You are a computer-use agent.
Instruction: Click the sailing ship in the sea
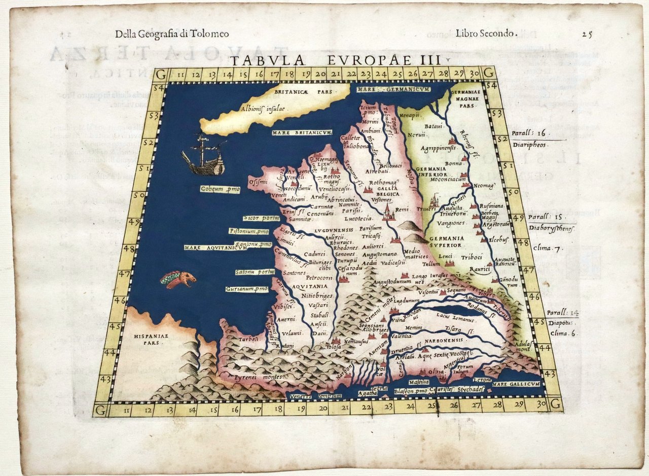coord(204,155)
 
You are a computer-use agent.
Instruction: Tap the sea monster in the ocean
coord(178,280)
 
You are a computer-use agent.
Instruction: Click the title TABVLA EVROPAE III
coord(335,60)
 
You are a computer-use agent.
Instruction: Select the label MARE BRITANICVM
coord(301,132)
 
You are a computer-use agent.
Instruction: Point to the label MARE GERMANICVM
coord(393,89)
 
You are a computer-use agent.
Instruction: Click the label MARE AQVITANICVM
coord(215,248)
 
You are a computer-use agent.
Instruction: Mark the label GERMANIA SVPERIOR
coord(445,242)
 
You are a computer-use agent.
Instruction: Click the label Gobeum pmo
coord(220,189)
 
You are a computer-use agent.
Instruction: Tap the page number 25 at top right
coord(587,34)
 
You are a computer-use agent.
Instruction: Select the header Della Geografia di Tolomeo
coord(172,34)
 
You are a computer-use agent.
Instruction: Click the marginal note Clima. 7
coord(549,248)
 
